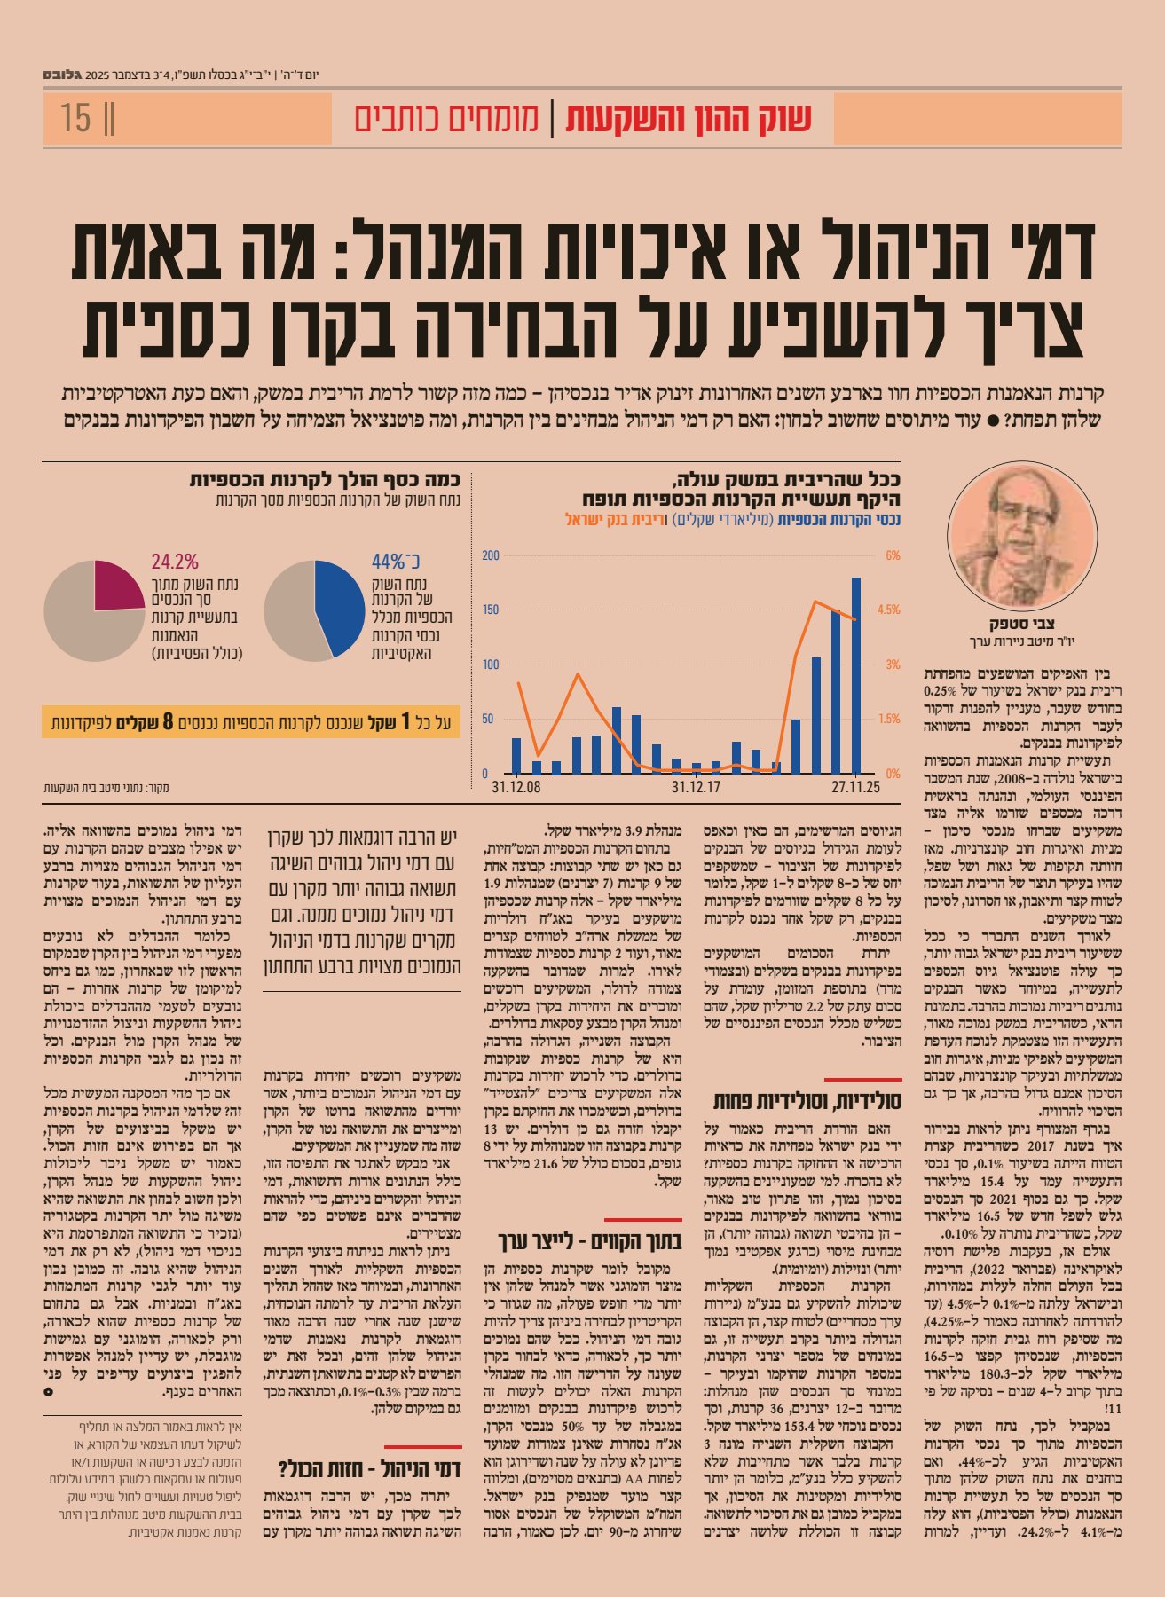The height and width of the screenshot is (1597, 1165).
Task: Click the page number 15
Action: click(x=77, y=118)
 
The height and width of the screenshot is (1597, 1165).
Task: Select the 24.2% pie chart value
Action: click(x=175, y=562)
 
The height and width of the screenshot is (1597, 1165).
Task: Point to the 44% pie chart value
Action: click(x=396, y=562)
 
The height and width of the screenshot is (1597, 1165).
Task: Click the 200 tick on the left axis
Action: click(x=491, y=556)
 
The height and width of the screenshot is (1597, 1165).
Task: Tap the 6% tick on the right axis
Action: click(x=893, y=556)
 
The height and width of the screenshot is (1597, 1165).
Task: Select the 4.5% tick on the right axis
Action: click(x=888, y=610)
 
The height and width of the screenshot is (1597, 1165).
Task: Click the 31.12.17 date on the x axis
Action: click(x=696, y=787)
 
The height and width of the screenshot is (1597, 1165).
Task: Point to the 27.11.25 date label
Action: click(x=855, y=787)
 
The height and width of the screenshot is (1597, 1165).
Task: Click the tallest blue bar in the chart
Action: click(x=856, y=674)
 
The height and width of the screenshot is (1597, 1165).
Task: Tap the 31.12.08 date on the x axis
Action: click(x=516, y=787)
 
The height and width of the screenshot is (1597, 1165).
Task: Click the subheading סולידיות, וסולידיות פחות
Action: click(x=807, y=1101)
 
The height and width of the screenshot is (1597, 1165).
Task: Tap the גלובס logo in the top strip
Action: click(x=61, y=75)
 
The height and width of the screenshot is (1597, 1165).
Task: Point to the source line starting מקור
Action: click(x=106, y=788)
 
